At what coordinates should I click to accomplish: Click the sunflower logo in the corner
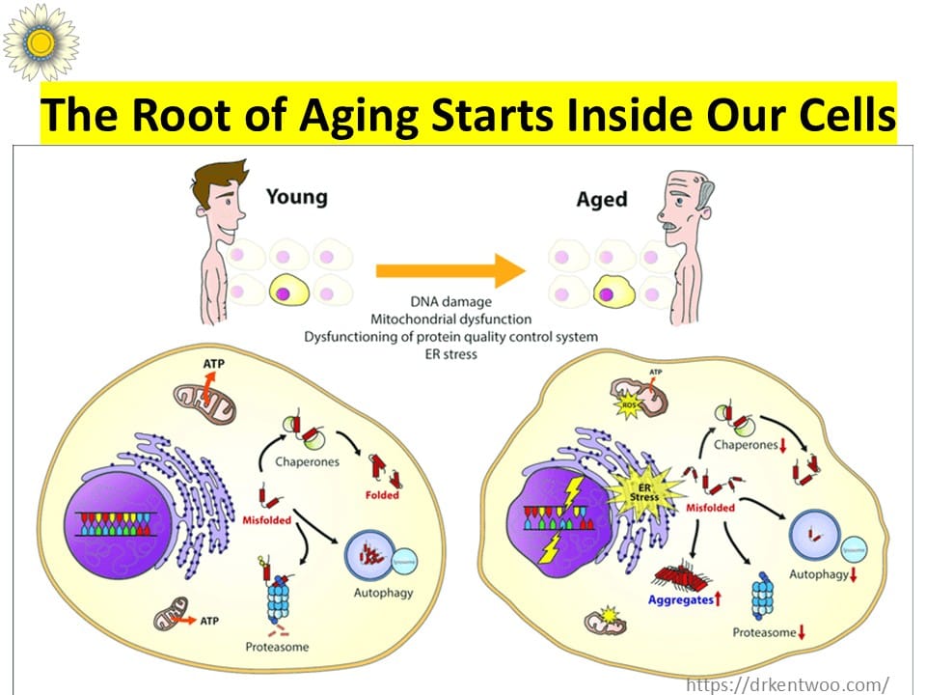point(40,41)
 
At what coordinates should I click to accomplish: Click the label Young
point(296,197)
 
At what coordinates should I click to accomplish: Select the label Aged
point(601,200)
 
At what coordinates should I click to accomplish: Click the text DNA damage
point(449,302)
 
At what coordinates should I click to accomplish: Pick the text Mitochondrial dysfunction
point(449,319)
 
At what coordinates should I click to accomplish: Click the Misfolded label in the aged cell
point(711,507)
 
